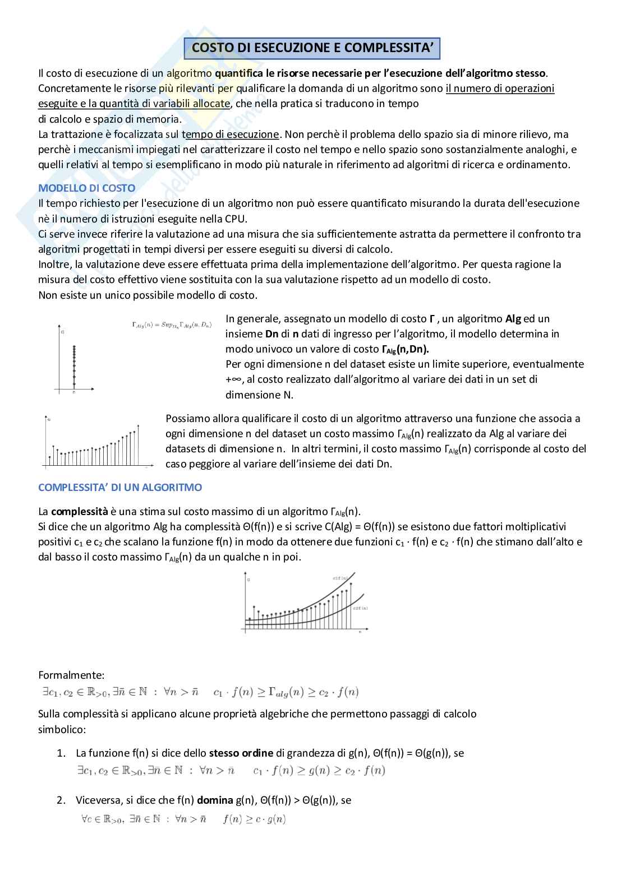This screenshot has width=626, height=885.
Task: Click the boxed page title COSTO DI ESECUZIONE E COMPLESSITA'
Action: click(x=312, y=48)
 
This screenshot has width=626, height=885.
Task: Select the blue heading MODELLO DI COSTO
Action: click(x=86, y=188)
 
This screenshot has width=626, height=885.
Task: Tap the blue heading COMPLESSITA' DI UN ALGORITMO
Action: click(x=120, y=487)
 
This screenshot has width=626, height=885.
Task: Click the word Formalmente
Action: click(x=71, y=675)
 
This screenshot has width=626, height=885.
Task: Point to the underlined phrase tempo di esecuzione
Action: click(x=231, y=134)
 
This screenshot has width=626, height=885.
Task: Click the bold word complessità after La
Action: click(x=79, y=511)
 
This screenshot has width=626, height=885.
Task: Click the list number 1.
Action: click(x=61, y=753)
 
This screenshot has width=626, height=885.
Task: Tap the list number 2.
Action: click(x=61, y=800)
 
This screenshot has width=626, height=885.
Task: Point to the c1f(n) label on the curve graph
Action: click(x=339, y=578)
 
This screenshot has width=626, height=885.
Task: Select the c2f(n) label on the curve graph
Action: click(x=360, y=608)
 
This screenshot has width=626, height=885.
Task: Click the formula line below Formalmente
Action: click(x=200, y=692)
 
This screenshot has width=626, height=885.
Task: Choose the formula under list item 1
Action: click(x=231, y=771)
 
